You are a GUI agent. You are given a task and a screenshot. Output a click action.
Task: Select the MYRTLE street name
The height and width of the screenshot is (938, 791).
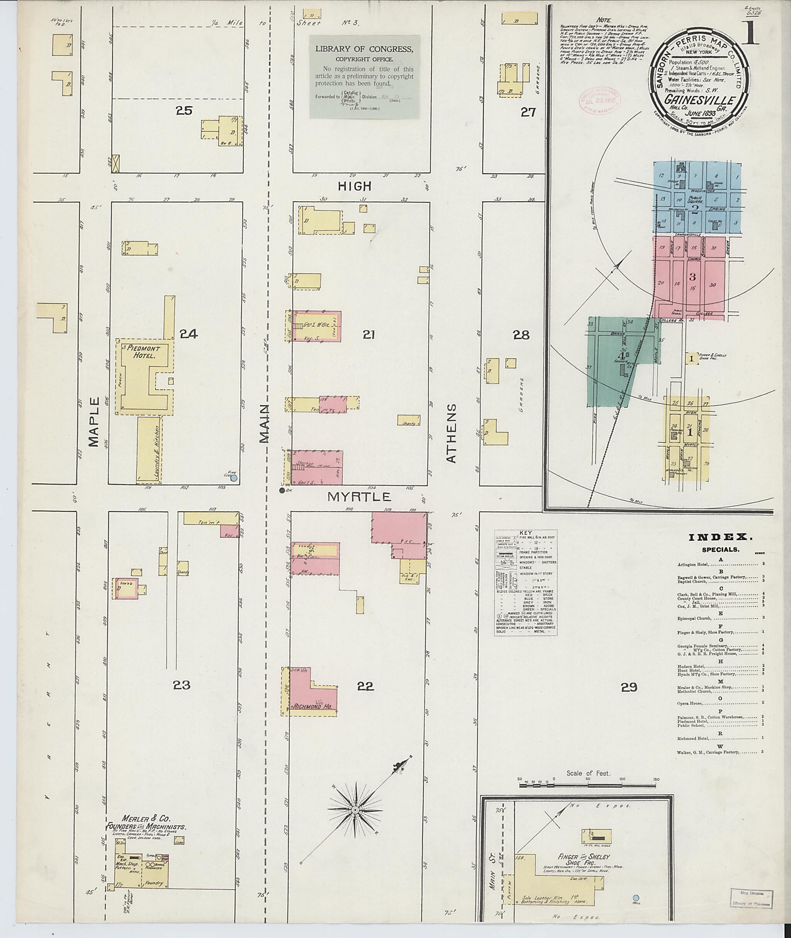[359, 497]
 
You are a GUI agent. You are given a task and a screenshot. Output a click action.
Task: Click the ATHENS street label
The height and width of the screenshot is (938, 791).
[451, 433]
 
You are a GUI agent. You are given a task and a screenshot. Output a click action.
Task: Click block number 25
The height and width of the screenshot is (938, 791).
[184, 110]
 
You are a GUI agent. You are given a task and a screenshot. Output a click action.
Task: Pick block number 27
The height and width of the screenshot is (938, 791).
[528, 112]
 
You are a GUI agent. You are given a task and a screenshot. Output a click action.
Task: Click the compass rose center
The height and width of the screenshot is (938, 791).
[354, 810]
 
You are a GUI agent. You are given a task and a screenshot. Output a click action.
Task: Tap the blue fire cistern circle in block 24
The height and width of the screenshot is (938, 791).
[234, 478]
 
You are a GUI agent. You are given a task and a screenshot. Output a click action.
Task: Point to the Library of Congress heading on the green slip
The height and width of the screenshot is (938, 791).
[364, 49]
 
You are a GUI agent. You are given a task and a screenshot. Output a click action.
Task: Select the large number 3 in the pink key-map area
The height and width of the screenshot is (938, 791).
[693, 276]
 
